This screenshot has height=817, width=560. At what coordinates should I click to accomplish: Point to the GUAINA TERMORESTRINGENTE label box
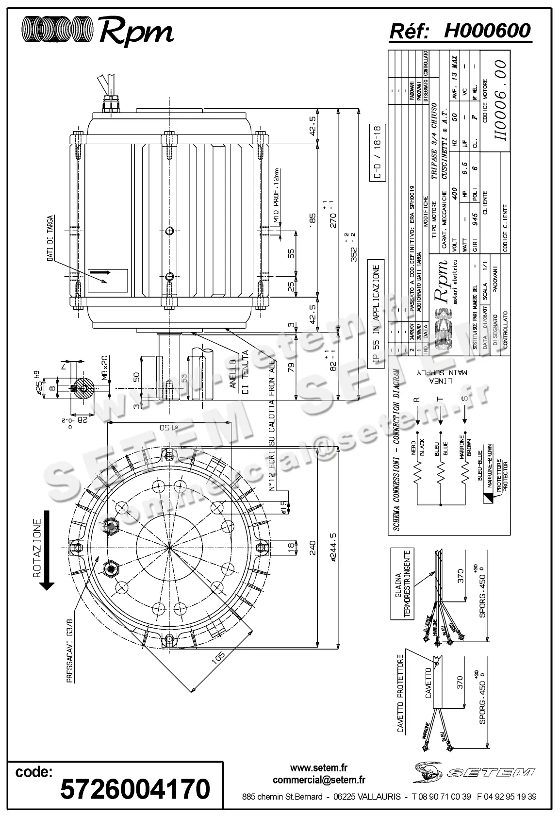402,584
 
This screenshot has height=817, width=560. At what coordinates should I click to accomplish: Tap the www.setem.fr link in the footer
319,768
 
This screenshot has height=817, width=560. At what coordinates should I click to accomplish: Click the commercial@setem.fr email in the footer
319,780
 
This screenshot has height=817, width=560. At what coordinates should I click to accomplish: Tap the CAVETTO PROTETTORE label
400,694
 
